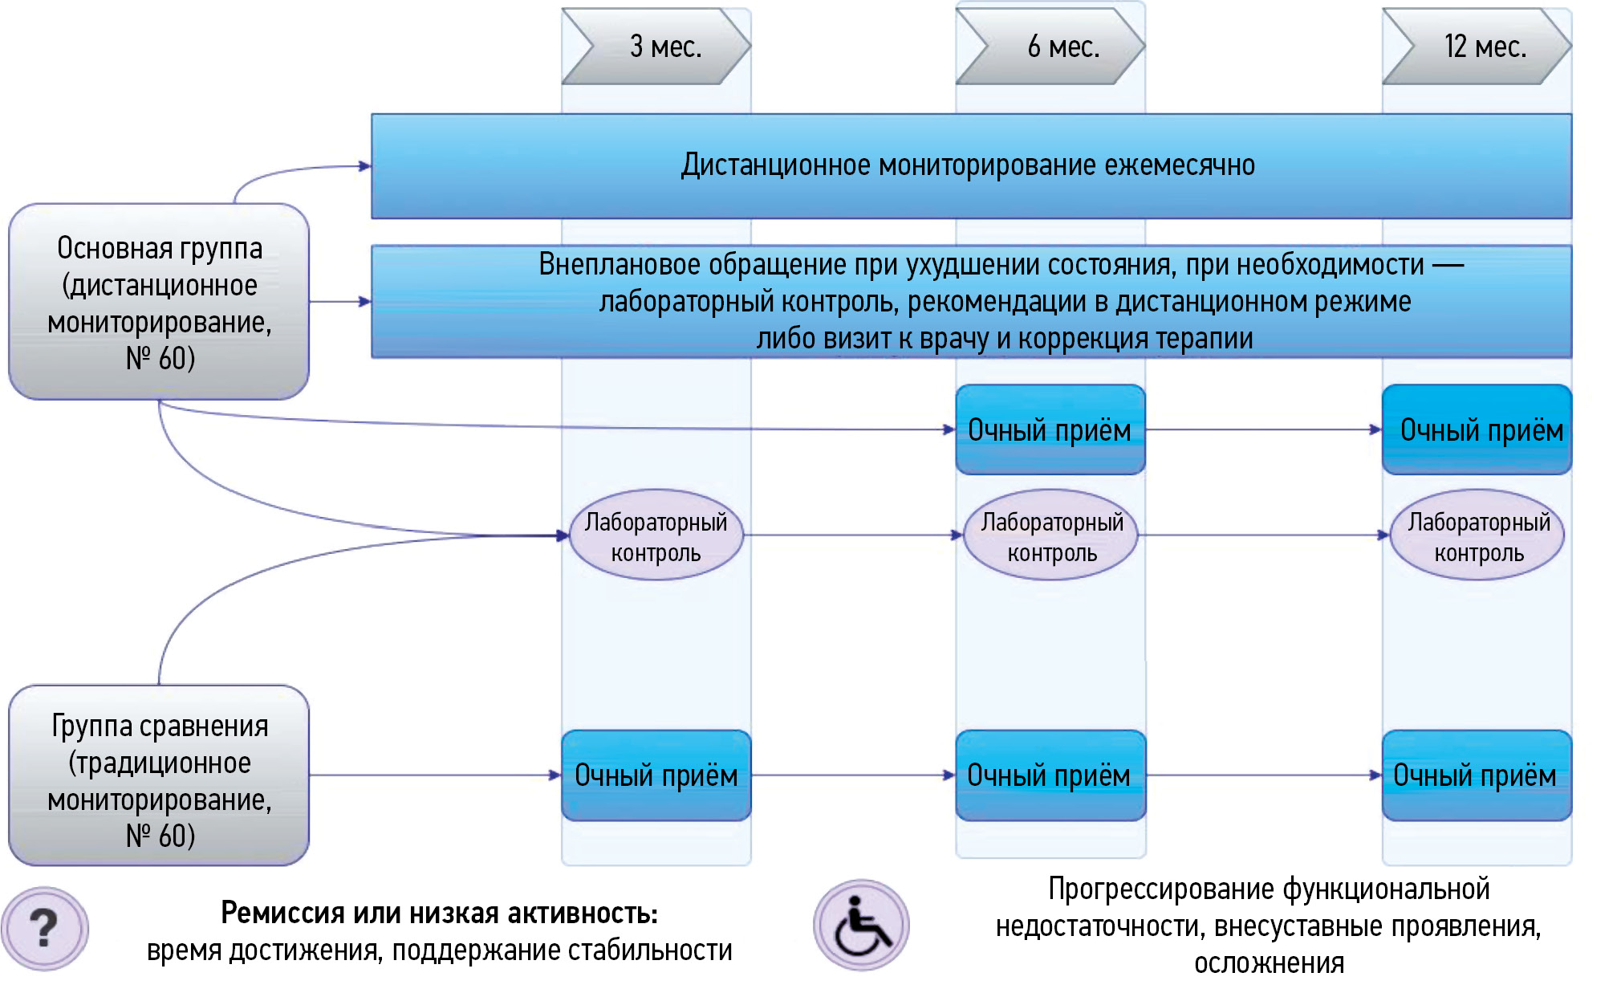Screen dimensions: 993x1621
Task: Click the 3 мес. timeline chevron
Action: [656, 47]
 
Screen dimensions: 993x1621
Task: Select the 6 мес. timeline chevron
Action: [1050, 47]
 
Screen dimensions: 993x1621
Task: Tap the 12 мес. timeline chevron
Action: [1477, 47]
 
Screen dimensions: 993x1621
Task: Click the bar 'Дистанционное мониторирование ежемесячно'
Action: [971, 166]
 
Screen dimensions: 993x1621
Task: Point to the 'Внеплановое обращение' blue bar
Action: [971, 301]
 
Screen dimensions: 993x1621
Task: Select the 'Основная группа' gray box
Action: [159, 302]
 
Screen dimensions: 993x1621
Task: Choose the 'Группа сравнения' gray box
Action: [159, 775]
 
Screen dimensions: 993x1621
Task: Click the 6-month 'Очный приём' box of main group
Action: [1050, 430]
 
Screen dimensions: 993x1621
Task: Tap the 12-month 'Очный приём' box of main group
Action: [1477, 430]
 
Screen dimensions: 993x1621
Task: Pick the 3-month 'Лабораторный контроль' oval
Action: [656, 535]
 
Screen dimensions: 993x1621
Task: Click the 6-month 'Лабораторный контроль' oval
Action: [1051, 535]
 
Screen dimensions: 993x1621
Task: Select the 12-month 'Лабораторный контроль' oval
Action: [1477, 535]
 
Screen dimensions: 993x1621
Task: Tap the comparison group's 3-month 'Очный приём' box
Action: [656, 775]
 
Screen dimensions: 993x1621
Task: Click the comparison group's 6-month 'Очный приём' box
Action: [1050, 775]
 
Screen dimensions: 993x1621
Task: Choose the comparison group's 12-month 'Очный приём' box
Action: [1477, 775]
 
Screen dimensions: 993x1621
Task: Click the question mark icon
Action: [45, 929]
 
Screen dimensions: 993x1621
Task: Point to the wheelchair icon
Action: [861, 926]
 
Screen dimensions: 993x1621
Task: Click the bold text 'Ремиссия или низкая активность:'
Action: [439, 914]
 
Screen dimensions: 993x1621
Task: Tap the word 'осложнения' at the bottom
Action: [1269, 963]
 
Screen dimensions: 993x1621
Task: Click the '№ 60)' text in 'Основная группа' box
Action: [160, 359]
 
